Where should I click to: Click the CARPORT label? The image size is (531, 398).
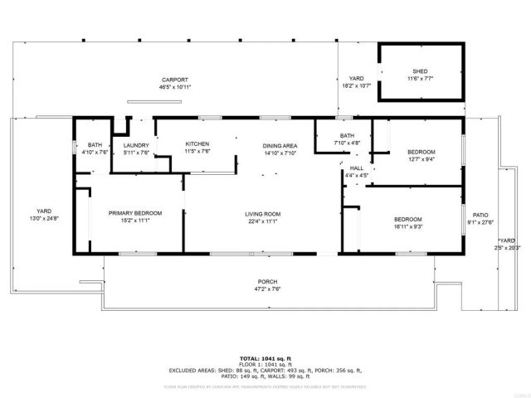pos(174,79)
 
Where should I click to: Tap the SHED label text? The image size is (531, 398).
pos(421,71)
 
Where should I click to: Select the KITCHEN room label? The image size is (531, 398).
pos(197,143)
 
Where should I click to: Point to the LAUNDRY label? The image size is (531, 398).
pos(136,144)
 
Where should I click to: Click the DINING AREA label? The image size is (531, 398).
pos(280,145)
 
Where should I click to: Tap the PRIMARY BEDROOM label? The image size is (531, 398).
pos(135,213)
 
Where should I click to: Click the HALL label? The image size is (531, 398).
pos(357,168)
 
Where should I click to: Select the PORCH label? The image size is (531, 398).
pos(266,282)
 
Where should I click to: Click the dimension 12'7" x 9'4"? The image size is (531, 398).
pos(421,159)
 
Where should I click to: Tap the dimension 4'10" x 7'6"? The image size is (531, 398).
pos(95,152)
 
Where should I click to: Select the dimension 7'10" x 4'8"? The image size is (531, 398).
pos(347,143)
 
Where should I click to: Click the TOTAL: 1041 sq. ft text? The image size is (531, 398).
pos(265,357)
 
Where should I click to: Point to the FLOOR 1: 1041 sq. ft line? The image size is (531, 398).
pos(265,364)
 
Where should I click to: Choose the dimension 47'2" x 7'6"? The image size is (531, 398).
pos(266,290)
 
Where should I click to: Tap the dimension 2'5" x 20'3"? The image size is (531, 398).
pos(507,247)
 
